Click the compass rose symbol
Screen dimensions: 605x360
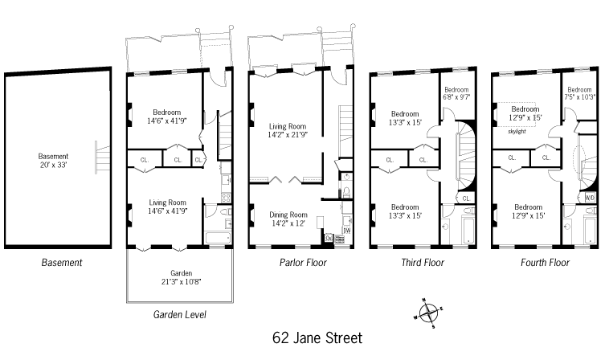pyautogui.click(x=428, y=313)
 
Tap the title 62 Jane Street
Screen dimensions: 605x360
pyautogui.click(x=317, y=338)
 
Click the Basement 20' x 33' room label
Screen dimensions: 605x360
pyautogui.click(x=53, y=161)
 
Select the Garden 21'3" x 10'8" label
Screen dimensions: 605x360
pyautogui.click(x=181, y=277)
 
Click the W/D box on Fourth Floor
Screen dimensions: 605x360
pyautogui.click(x=591, y=198)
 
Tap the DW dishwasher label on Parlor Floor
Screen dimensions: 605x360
pyautogui.click(x=347, y=231)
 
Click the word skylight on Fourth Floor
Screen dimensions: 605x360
pyautogui.click(x=517, y=131)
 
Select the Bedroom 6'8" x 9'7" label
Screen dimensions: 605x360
pyautogui.click(x=456, y=93)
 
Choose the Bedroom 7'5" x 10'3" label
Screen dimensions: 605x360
pyautogui.click(x=579, y=93)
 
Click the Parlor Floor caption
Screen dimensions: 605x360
pyautogui.click(x=303, y=263)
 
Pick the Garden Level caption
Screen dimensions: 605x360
pyautogui.click(x=179, y=314)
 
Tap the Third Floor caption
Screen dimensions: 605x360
pyautogui.click(x=423, y=263)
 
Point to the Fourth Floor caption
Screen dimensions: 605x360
pyautogui.click(x=545, y=263)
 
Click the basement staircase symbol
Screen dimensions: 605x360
pyautogui.click(x=102, y=157)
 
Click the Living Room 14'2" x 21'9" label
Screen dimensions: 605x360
pyautogui.click(x=288, y=130)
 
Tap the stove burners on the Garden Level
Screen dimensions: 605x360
pyautogui.click(x=226, y=198)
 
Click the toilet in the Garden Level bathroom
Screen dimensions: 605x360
pyautogui.click(x=224, y=211)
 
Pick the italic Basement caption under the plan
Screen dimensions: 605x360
pyautogui.click(x=62, y=263)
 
